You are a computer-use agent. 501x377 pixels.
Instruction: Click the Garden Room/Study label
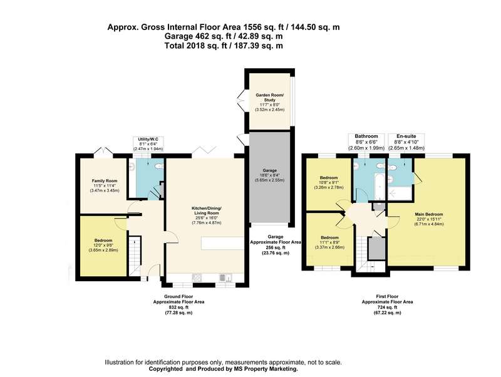pos(270,98)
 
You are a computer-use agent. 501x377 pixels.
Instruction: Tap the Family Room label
pos(105,181)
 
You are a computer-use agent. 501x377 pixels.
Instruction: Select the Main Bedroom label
pos(429,214)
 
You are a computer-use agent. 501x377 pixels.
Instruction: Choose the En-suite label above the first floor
pos(406,136)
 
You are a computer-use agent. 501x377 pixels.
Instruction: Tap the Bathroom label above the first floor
pos(366,136)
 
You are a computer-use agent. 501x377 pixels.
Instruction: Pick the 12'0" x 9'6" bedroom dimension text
pos(103,245)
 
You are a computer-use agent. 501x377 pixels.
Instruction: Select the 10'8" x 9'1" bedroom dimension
pos(329,183)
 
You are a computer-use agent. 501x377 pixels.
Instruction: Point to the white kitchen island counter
pos(223,243)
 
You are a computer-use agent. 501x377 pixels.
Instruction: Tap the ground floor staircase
pos(135,256)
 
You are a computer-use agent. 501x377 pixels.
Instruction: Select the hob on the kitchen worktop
pos(197,278)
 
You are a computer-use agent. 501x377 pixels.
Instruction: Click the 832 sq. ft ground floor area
pos(178,307)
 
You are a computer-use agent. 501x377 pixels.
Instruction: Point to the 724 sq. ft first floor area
pos(387,307)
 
